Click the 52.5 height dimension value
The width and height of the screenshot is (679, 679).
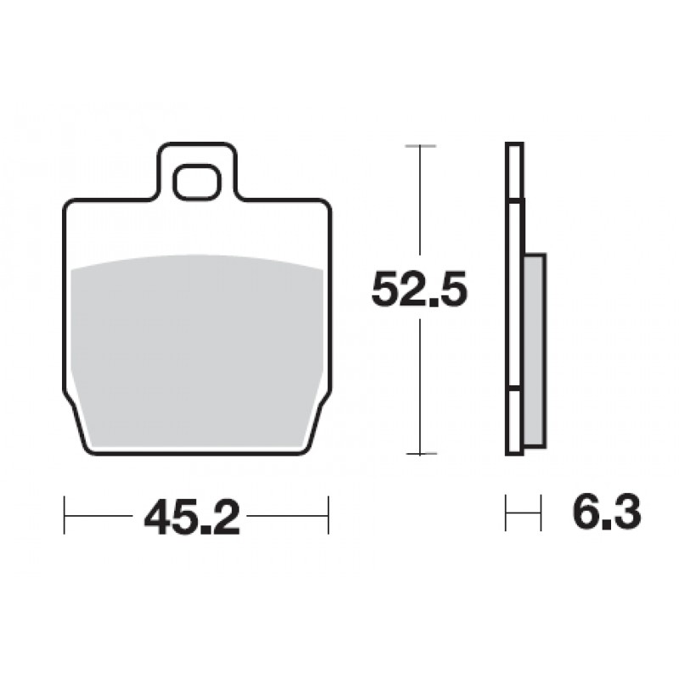pyautogui.click(x=419, y=289)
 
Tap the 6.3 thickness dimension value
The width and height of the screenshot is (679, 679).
pyautogui.click(x=607, y=513)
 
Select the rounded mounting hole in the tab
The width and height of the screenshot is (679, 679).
pyautogui.click(x=197, y=182)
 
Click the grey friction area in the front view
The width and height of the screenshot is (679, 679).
pyautogui.click(x=197, y=351)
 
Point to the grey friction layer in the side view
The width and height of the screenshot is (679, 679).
pyautogui.click(x=536, y=350)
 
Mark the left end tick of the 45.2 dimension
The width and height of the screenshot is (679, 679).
pyautogui.click(x=65, y=515)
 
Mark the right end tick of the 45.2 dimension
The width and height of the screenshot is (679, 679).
pyautogui.click(x=328, y=515)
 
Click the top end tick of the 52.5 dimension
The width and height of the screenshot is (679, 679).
pyautogui.click(x=420, y=146)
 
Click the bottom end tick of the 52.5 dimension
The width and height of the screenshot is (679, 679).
pyautogui.click(x=420, y=453)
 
